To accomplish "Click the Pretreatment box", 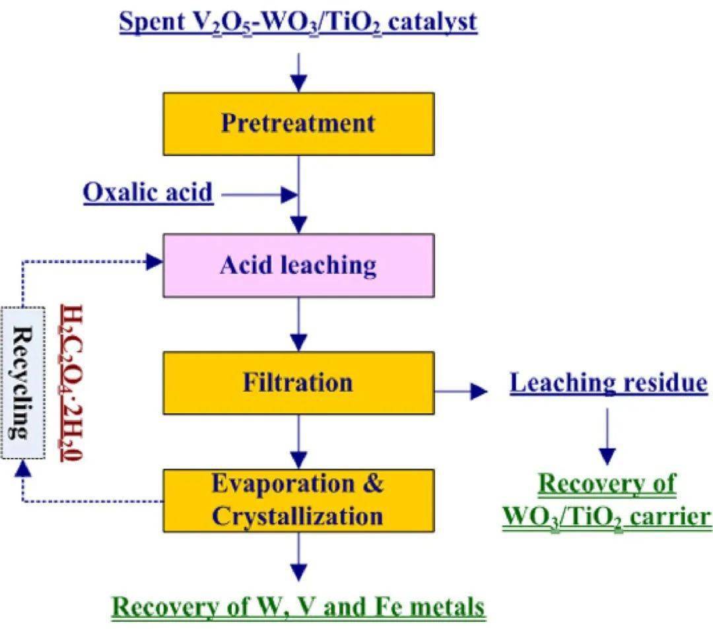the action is tap(298, 123).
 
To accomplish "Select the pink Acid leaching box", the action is tap(298, 265).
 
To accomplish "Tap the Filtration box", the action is tap(298, 383).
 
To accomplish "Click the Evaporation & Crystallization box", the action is tap(298, 500).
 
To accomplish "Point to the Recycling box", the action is tap(23, 383).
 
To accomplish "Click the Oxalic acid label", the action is tap(148, 193).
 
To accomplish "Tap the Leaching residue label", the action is tap(608, 383).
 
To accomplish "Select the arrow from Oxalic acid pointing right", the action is tap(260, 194).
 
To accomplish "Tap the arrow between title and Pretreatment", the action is tap(299, 72).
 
